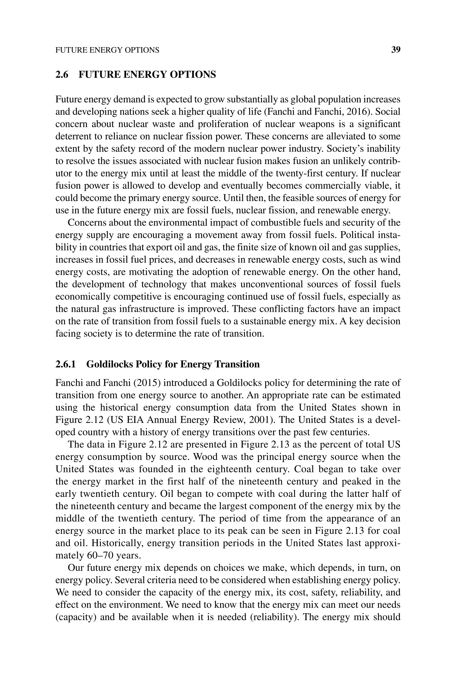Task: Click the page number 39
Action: (395, 50)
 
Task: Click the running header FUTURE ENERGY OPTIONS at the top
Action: (107, 50)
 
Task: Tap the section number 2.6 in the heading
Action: (62, 75)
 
